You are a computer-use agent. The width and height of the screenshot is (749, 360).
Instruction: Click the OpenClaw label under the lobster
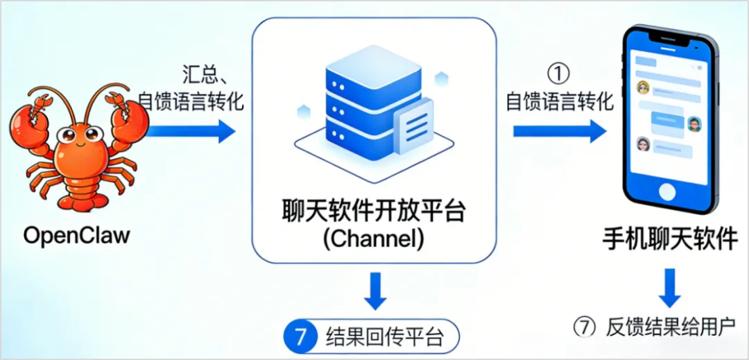[x=76, y=235]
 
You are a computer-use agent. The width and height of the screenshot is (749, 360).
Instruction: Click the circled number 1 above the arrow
[x=558, y=72]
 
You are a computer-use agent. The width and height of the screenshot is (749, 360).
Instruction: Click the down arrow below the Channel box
[x=375, y=290]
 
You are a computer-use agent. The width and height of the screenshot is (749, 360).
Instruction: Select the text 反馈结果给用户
[x=671, y=326]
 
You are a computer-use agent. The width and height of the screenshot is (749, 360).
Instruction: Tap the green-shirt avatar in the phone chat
[x=694, y=123]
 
